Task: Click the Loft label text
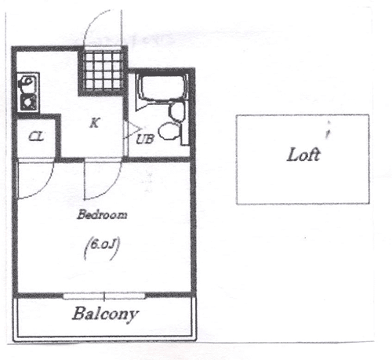(x=303, y=155)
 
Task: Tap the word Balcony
(x=105, y=314)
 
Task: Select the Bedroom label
(x=102, y=215)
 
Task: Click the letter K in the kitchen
(x=94, y=123)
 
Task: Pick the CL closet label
(x=36, y=136)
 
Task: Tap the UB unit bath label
(x=145, y=140)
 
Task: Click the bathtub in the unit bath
(x=162, y=89)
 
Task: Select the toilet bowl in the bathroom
(x=169, y=131)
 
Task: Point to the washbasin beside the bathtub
(x=177, y=111)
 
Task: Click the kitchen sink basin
(x=27, y=83)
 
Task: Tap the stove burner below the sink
(x=28, y=102)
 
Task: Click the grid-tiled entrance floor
(x=103, y=71)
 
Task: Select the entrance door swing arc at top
(x=92, y=21)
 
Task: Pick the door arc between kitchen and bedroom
(x=111, y=187)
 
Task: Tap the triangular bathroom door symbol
(x=133, y=129)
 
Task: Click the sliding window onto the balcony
(x=104, y=296)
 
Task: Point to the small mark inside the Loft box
(x=328, y=129)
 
